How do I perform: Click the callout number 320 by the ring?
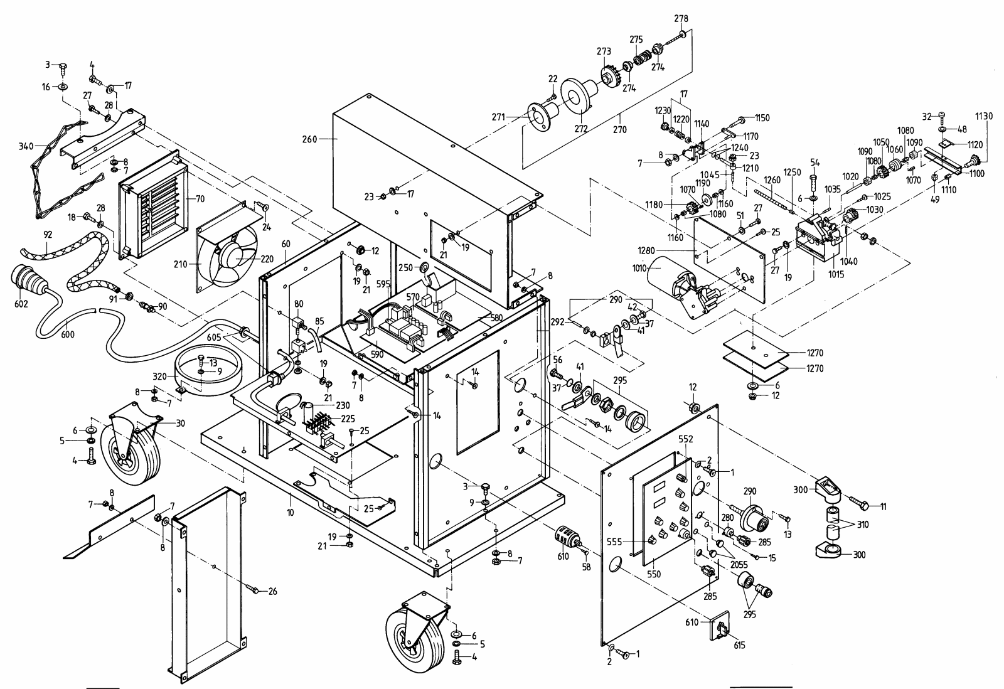point(162,377)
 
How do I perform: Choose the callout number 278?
point(681,18)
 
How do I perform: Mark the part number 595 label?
point(383,283)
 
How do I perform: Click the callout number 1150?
point(762,118)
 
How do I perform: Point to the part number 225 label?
point(343,419)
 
